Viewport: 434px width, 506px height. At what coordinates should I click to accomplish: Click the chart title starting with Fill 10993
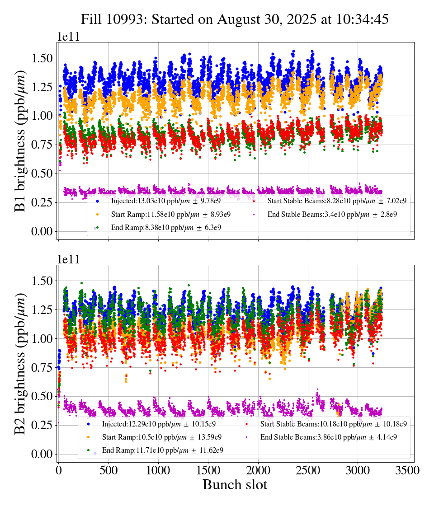[x=235, y=19]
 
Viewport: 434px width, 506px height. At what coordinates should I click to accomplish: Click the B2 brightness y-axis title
[x=20, y=364]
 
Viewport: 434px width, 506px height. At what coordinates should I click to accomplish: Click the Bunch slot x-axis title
[x=235, y=485]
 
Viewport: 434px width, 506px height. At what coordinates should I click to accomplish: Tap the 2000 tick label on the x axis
[x=258, y=470]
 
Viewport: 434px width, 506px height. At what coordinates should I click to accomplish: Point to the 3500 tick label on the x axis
[x=408, y=470]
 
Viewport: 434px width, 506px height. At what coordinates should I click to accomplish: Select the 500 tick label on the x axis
[x=108, y=470]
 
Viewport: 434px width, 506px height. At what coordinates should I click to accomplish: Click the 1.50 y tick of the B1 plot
[x=42, y=58]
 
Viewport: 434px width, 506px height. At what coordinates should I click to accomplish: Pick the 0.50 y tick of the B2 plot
[x=42, y=396]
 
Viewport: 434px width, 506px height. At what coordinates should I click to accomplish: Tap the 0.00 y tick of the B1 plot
[x=42, y=231]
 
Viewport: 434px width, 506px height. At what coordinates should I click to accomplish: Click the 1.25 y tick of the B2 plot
[x=42, y=309]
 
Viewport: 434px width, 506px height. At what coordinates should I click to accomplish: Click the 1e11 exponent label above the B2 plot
[x=68, y=259]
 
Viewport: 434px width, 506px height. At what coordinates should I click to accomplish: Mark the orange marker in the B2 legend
[x=88, y=437]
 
